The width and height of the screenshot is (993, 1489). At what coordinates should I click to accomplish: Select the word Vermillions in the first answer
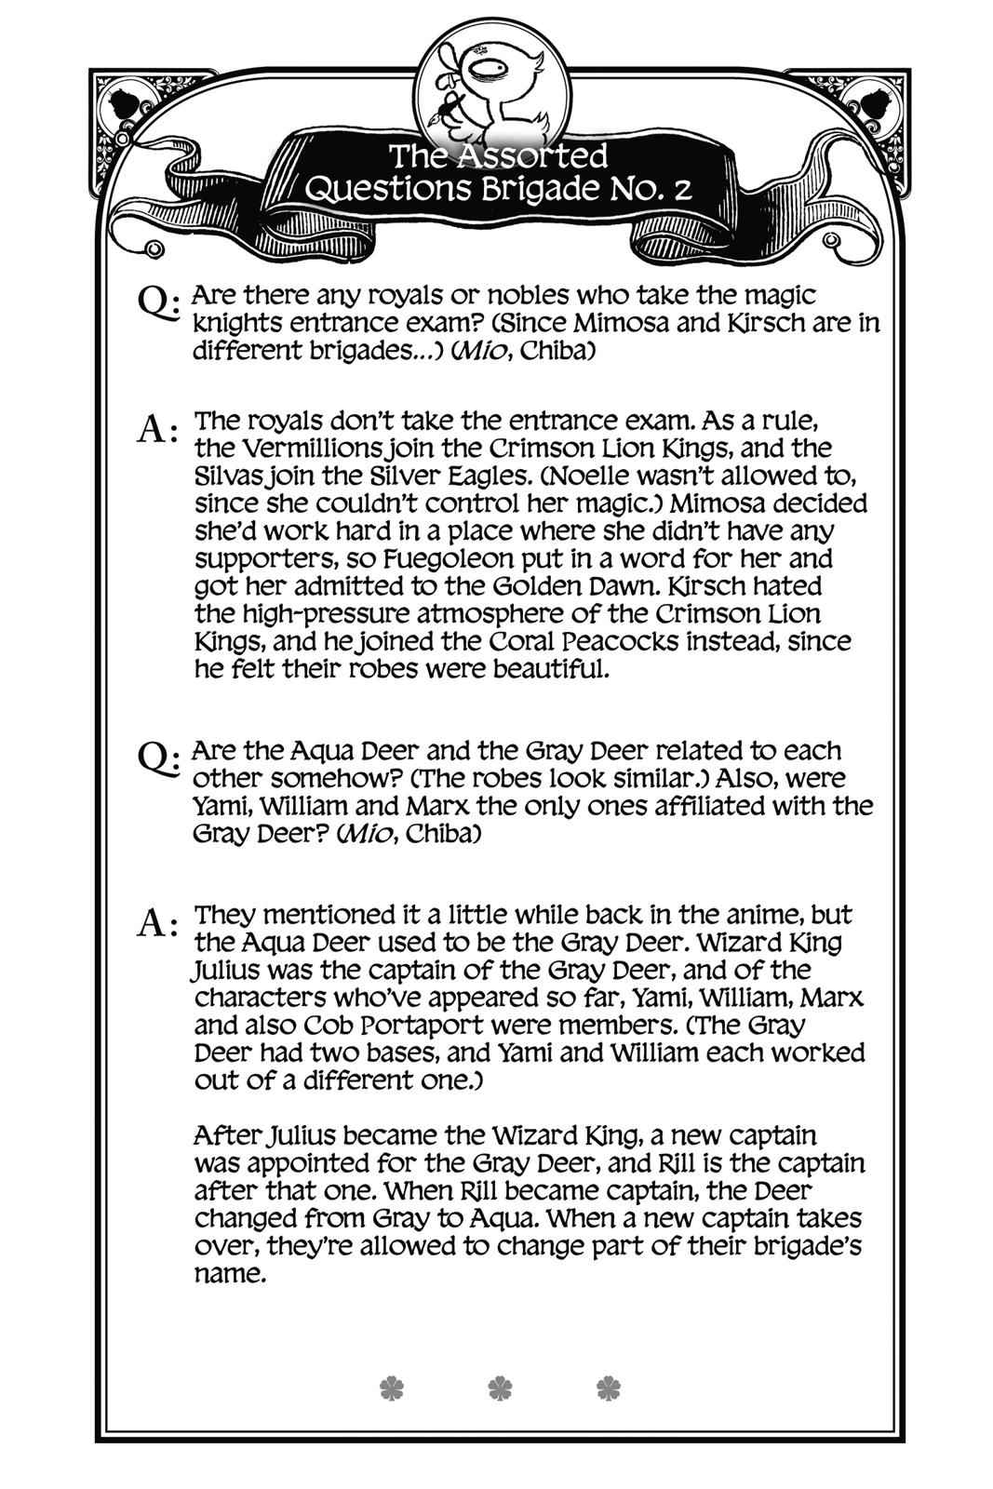pos(301,449)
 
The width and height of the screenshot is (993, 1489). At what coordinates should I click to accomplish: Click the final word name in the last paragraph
pos(229,1274)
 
